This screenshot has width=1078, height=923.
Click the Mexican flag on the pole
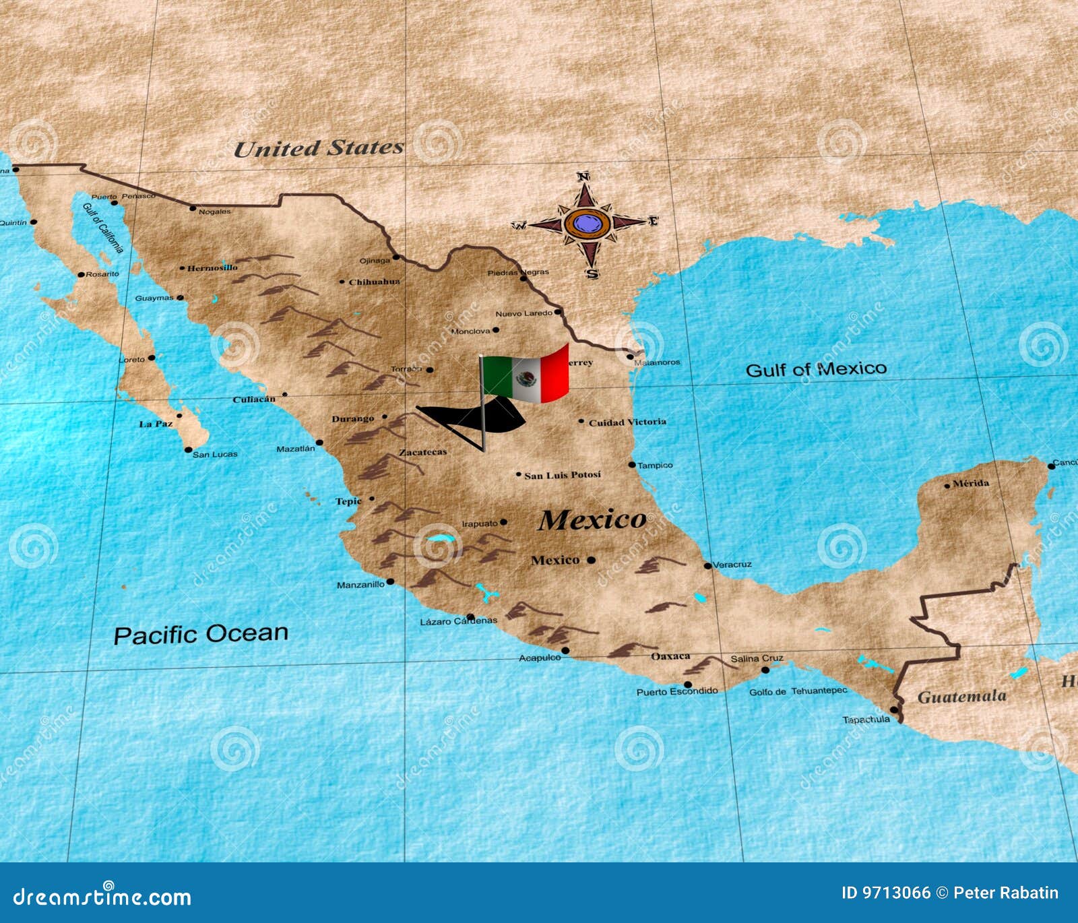point(526,376)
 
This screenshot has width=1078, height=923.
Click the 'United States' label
point(319,148)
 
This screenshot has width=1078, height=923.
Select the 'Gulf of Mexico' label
point(816,369)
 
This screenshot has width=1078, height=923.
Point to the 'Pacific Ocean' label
point(201,634)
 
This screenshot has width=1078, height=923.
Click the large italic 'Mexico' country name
point(592,519)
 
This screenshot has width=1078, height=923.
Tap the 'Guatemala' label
point(961,697)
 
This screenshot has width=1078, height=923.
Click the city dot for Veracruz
point(707,566)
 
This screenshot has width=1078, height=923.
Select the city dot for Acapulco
point(565,651)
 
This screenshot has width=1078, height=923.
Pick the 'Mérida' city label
point(971,483)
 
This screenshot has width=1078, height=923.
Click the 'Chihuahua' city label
point(374,282)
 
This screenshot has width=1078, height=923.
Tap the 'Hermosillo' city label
point(212,267)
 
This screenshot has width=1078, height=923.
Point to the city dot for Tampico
point(632,465)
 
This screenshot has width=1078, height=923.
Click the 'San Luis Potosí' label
point(563,475)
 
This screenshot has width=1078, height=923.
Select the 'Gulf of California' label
point(103,227)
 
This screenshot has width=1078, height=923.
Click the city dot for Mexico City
point(591,560)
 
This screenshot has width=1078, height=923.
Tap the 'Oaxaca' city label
point(670,656)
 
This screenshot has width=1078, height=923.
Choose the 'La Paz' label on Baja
point(156,424)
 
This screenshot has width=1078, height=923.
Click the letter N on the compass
point(583,177)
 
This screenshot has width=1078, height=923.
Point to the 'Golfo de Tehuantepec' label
point(798,691)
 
